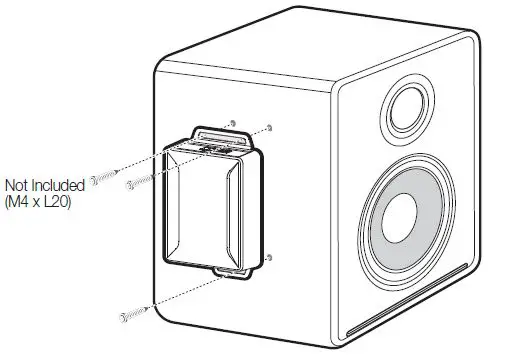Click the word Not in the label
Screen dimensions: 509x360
click(x=16, y=185)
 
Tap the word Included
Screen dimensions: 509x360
click(x=52, y=185)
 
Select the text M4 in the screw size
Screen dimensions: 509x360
click(x=21, y=200)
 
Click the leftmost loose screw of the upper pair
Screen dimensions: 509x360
click(x=99, y=178)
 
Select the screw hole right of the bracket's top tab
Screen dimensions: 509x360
click(x=270, y=129)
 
